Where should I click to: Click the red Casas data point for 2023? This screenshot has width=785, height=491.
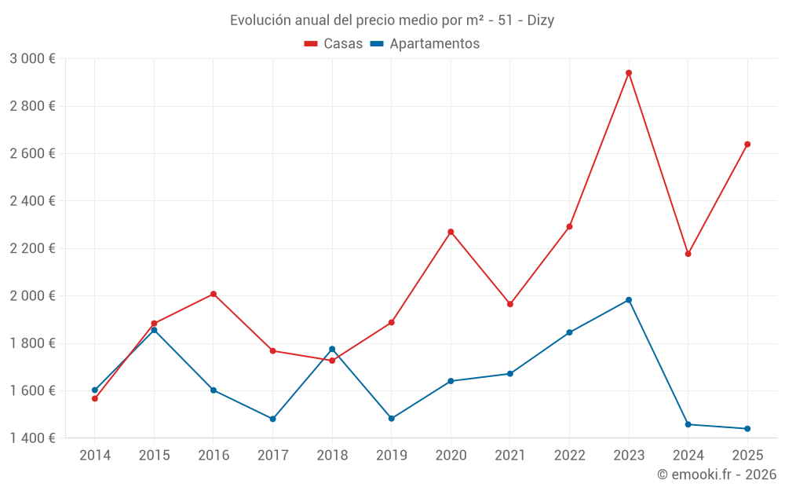[x=629, y=73]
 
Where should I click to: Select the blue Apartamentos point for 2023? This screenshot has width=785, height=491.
[x=629, y=300]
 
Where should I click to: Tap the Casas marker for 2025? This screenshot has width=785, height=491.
[x=747, y=145]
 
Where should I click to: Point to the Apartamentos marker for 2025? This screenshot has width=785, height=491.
[x=747, y=429]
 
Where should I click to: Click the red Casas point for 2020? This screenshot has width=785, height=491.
[x=451, y=232]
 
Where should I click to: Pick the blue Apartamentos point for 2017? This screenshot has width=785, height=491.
[x=272, y=419]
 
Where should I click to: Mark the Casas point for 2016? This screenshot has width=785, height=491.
[x=214, y=294]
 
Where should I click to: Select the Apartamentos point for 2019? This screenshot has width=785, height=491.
[x=392, y=419]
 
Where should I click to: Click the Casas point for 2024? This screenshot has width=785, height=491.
[x=688, y=254]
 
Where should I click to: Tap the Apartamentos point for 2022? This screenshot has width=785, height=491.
[x=569, y=332]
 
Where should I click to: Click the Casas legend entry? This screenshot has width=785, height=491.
[x=334, y=44]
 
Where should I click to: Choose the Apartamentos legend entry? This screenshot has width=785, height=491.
[x=425, y=44]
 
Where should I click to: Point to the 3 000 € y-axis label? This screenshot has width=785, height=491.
[x=32, y=59]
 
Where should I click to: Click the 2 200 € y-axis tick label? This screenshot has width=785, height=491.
[x=32, y=248]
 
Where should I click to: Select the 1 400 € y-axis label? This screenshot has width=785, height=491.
[x=32, y=438]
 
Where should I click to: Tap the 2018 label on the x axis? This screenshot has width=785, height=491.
[x=332, y=455]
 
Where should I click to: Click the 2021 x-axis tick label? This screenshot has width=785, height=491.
[x=510, y=455]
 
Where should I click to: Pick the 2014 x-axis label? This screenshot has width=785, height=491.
[x=95, y=455]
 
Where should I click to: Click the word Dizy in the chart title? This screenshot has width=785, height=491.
[x=539, y=20]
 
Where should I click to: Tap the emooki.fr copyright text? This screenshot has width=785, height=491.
[x=717, y=475]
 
